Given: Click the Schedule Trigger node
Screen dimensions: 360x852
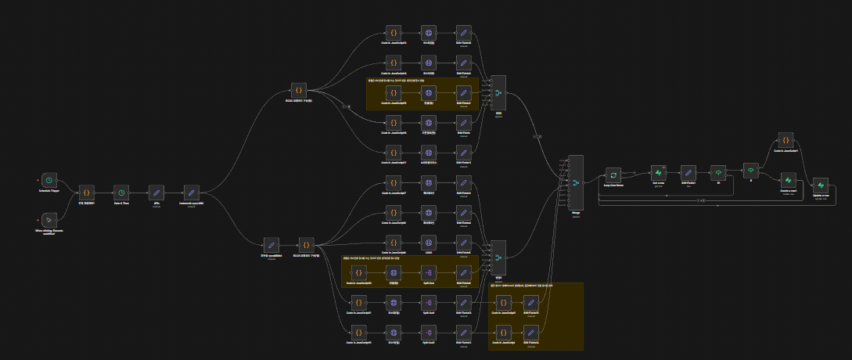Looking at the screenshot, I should click(x=49, y=179).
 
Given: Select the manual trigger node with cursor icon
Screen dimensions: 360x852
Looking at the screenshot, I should click(x=49, y=219).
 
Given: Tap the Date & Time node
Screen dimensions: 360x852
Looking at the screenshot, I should click(x=120, y=192).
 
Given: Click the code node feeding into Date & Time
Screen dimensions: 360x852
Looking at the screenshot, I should click(x=87, y=192).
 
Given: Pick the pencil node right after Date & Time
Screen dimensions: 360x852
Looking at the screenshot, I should click(x=156, y=192).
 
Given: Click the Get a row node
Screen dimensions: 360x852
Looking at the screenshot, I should click(x=659, y=173).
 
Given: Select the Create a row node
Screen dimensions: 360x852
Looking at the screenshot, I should click(x=788, y=181).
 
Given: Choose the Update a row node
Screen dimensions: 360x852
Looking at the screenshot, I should click(x=820, y=185).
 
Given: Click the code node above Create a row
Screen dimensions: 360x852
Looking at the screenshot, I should click(x=785, y=140).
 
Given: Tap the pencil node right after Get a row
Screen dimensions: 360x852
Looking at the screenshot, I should click(x=688, y=173).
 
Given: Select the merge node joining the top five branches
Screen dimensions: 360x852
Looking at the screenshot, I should click(x=498, y=95).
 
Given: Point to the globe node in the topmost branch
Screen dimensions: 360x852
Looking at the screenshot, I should click(x=428, y=33).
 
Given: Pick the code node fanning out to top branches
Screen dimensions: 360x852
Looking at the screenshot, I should click(x=298, y=91).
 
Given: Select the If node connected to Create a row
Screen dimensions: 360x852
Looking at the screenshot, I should click(x=749, y=169).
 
